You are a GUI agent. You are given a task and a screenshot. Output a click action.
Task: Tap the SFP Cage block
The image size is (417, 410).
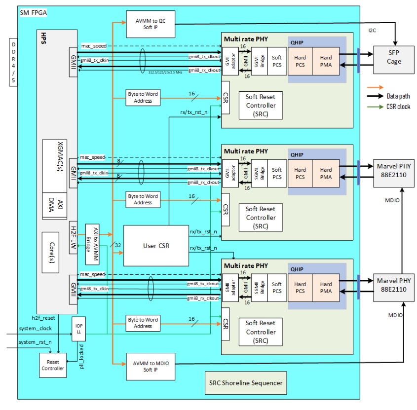click(x=394, y=58)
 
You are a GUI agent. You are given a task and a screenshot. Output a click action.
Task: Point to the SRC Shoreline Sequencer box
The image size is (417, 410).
click(x=245, y=382)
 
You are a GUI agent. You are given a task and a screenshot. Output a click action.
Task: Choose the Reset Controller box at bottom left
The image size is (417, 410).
click(x=52, y=365)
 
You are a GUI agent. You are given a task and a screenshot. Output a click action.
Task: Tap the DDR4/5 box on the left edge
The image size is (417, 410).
click(x=13, y=62)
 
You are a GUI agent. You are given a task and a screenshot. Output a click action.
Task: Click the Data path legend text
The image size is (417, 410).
click(x=398, y=96)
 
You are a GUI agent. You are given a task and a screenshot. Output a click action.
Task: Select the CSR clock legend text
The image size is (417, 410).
click(x=398, y=106)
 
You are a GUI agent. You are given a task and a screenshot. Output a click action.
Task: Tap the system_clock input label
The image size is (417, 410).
click(x=35, y=328)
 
